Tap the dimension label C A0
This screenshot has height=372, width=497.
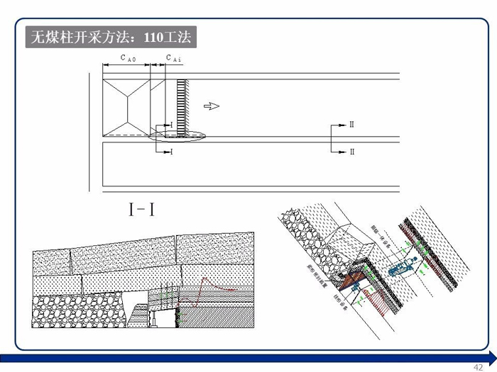click(127, 59)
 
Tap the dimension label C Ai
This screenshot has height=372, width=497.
click(173, 59)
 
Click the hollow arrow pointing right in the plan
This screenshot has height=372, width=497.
click(212, 106)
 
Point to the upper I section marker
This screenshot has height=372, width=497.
click(170, 125)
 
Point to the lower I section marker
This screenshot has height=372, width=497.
click(170, 152)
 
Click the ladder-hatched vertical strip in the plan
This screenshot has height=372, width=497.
click(182, 106)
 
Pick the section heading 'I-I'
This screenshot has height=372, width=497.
click(142, 210)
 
